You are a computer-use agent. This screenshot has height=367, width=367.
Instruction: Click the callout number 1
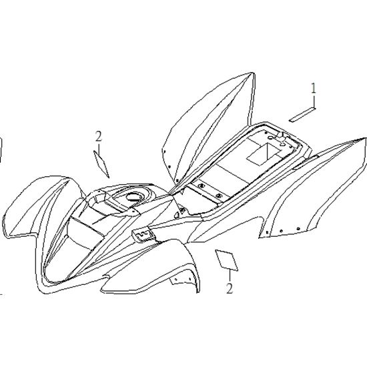tap(313, 88)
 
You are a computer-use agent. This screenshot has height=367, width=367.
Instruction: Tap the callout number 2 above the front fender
tap(99, 136)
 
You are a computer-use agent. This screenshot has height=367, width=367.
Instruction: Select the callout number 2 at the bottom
tap(230, 288)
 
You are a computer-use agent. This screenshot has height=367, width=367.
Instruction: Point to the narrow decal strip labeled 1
tap(302, 115)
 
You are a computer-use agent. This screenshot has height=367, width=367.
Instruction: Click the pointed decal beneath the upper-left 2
tap(101, 164)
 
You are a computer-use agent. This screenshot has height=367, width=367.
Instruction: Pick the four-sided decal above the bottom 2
tap(227, 260)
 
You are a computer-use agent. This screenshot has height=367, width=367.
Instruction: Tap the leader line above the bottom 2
tap(230, 276)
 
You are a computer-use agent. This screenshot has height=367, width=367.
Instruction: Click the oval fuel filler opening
tap(134, 197)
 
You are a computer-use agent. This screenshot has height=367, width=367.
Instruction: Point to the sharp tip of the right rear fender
tap(364, 138)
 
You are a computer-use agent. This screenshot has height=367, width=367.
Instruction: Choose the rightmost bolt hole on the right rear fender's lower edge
tap(298, 228)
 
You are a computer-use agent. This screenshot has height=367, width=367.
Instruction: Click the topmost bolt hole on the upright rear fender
tap(164, 151)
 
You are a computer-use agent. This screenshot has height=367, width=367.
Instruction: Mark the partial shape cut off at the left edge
tap(1, 149)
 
